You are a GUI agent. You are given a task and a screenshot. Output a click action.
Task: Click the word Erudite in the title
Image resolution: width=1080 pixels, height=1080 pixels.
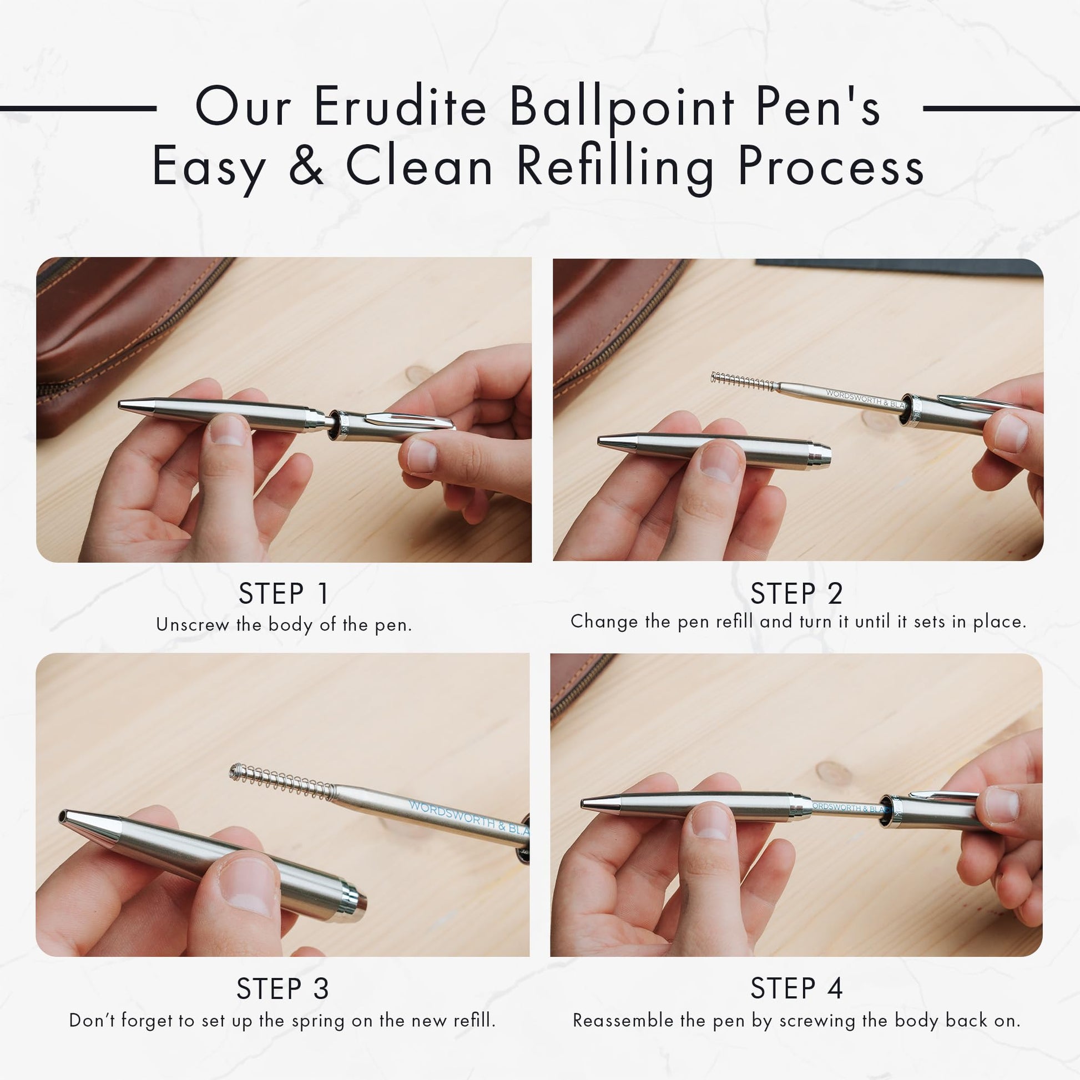point(400,107)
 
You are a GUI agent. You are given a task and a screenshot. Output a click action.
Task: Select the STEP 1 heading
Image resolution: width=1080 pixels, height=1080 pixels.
point(284,593)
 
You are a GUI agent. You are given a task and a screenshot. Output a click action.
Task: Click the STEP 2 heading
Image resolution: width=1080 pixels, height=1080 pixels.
point(796,593)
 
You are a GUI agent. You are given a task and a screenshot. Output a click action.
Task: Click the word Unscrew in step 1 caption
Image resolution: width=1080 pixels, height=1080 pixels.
point(193,624)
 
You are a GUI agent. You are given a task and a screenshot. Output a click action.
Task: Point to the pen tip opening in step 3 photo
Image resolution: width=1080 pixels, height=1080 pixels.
point(62,818)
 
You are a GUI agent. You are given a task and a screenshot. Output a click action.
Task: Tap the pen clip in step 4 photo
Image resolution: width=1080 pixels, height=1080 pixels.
point(945,794)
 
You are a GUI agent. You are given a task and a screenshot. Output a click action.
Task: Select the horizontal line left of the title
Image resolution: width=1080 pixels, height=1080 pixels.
point(78,108)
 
